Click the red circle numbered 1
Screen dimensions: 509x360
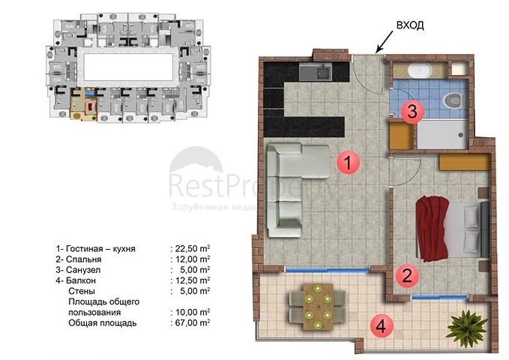tap(348, 162)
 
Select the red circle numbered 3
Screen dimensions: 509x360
tap(412, 112)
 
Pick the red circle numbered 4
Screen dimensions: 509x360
tap(382, 325)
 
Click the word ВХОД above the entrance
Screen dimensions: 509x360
tap(410, 25)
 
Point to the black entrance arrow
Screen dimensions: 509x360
tap(385, 42)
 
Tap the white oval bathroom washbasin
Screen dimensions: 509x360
tap(419, 70)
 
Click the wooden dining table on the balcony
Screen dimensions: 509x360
tap(318, 307)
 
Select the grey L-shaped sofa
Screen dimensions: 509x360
tap(294, 190)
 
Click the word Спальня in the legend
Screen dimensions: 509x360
tap(84, 259)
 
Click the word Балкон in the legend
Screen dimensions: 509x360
tap(81, 280)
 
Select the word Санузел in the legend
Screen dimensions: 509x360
tap(83, 270)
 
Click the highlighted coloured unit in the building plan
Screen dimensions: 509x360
tap(84, 103)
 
